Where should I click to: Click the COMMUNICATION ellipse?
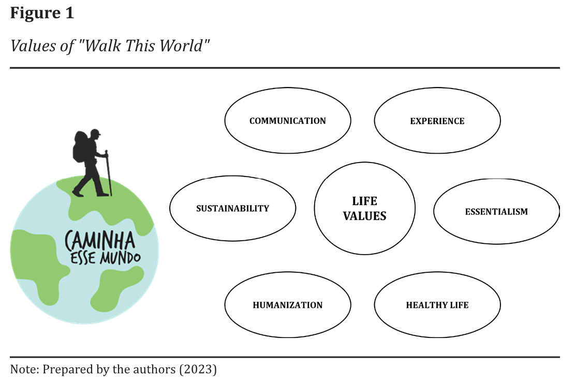pos(287,121)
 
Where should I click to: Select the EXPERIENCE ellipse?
pos(437,121)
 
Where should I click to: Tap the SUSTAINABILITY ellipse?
pos(232,208)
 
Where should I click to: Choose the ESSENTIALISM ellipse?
pos(496,211)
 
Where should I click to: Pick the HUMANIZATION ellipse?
pos(287,305)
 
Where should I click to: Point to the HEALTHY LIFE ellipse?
pos(437,305)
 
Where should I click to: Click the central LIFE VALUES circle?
pos(364,208)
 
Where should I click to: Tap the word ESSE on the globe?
pos(83,257)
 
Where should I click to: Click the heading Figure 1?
pos(42,13)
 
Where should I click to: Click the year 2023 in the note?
pos(200,370)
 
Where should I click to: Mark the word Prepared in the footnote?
pos(64,370)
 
